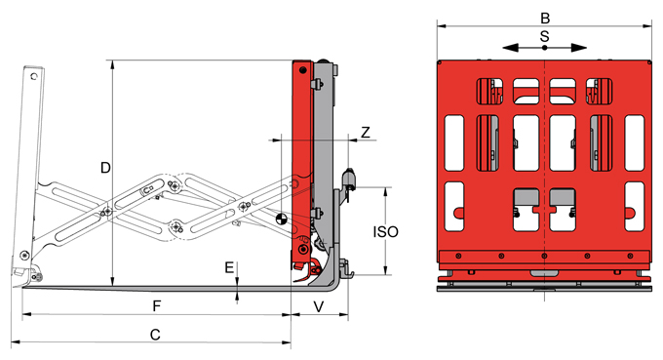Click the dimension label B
[545, 19]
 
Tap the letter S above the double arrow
[545, 36]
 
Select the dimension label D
[105, 168]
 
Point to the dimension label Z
[366, 133]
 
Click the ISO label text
[386, 232]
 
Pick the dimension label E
[229, 267]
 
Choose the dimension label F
[156, 305]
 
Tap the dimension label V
[319, 306]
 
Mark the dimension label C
[155, 335]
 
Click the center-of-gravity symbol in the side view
[281, 220]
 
